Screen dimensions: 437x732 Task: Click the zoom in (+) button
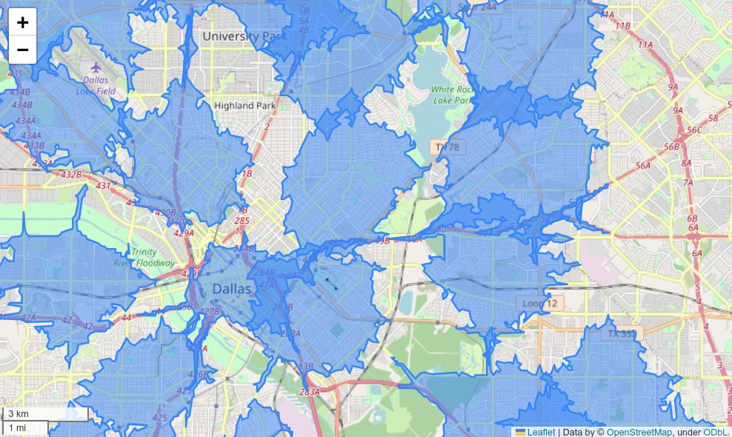pos(22,22)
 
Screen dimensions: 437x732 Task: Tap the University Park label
pos(242,36)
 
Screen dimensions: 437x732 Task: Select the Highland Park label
pos(244,105)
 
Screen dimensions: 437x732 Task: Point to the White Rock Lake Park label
pos(451,94)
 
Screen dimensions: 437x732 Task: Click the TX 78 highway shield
pos(447,147)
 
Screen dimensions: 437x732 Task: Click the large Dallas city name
pos(232,288)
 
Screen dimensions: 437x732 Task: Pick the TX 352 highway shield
pos(622,334)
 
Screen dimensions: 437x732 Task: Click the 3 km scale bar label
pos(19,413)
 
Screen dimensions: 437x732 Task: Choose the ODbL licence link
pos(715,432)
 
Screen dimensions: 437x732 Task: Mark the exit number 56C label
pos(694,130)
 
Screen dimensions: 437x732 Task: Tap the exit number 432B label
pos(71,175)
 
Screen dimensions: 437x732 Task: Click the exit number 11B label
pos(623,26)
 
